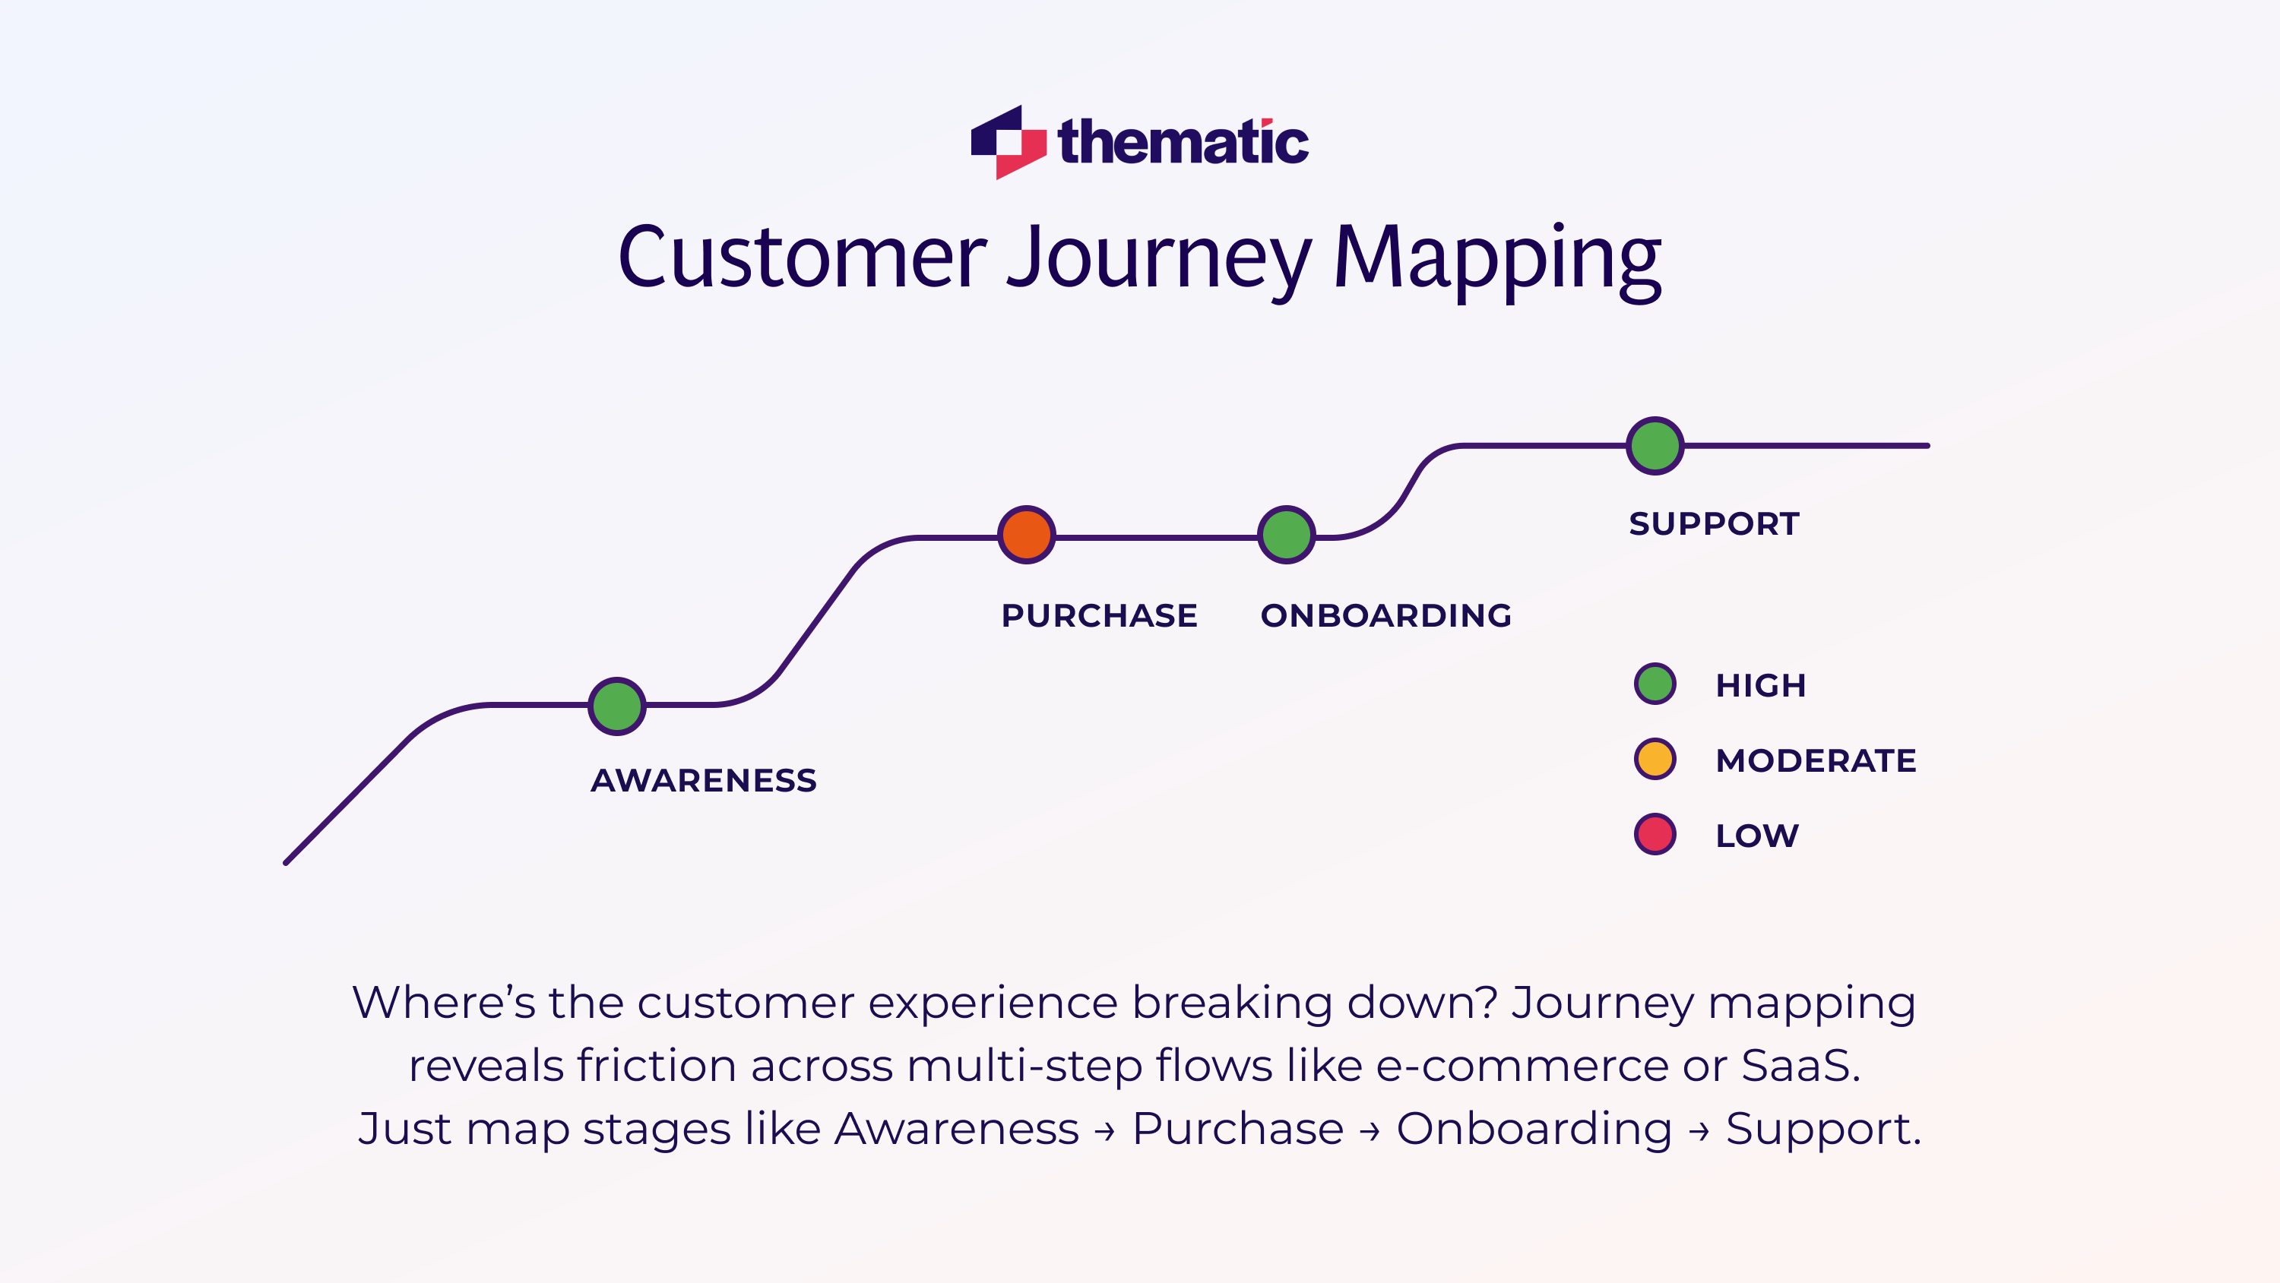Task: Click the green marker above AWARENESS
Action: tap(617, 706)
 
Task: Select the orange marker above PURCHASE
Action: tap(1027, 535)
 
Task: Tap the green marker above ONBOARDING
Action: tap(1286, 535)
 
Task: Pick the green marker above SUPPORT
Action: tap(1655, 446)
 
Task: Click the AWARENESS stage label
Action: tap(704, 780)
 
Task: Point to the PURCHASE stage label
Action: tap(1099, 615)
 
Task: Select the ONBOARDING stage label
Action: tap(1386, 615)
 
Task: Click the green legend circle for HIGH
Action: tap(1655, 684)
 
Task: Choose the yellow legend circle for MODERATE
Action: tap(1655, 759)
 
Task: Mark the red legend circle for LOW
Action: tap(1655, 834)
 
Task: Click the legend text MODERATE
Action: tap(1816, 761)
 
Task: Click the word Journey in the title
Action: tap(1158, 258)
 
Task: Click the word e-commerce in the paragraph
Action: tap(1522, 1065)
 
